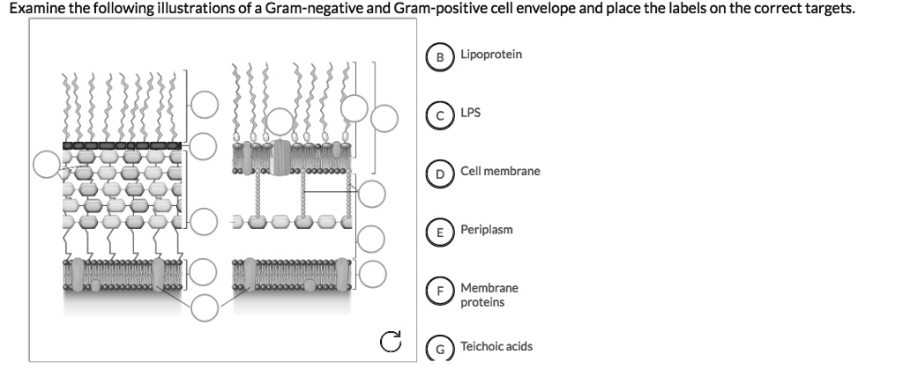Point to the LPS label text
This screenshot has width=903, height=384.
tap(470, 113)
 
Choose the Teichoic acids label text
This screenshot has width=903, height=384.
tap(496, 346)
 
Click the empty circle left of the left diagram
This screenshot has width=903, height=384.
tap(49, 164)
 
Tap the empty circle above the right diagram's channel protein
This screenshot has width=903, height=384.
tap(281, 122)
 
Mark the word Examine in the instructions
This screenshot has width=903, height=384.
tap(34, 9)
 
